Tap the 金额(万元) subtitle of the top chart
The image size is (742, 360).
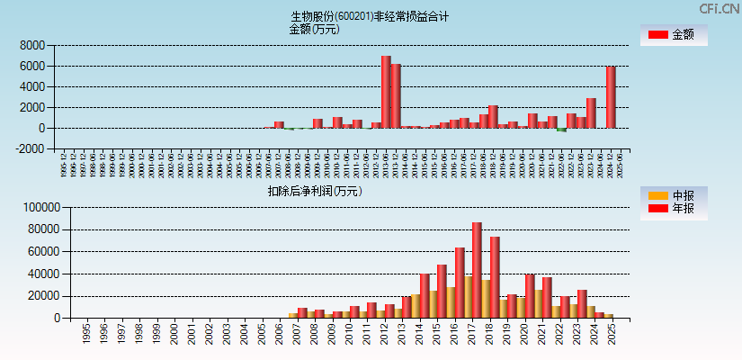pos(314,29)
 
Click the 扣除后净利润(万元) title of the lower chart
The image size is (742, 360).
pos(314,191)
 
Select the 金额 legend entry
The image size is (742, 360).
pos(674,35)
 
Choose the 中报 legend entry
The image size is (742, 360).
pos(674,195)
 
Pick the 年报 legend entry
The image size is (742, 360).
pos(674,209)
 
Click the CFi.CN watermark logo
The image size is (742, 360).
pos(719,9)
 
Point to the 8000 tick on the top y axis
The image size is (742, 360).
pos(31,45)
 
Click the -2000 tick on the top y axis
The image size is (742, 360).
pos(30,148)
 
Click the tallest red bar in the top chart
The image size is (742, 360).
pos(386,92)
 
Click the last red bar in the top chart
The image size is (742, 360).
pos(611,97)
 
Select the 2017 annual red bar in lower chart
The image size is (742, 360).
pos(477,270)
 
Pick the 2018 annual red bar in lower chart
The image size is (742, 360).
pos(495,277)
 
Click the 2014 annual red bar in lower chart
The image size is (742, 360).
pos(425,295)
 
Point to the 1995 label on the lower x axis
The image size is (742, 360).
pos(86,331)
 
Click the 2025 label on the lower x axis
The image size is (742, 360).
pos(612,331)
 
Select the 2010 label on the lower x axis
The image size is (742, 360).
pos(349,331)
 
